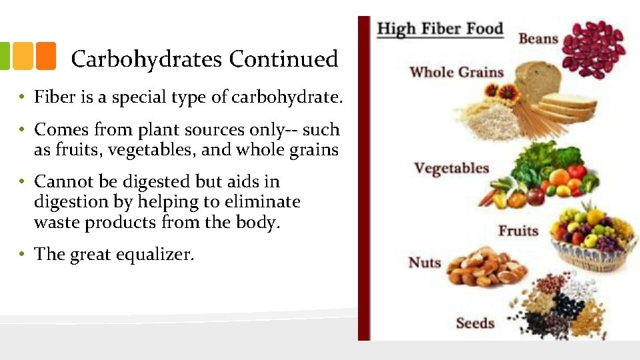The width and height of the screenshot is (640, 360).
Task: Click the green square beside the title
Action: pos(3,57)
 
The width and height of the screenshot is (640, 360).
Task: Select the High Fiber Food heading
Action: pos(440,29)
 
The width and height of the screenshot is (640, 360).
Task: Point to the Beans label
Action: pos(538,38)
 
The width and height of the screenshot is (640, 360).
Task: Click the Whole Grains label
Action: pos(456,71)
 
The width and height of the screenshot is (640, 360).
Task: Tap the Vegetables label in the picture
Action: pos(451,168)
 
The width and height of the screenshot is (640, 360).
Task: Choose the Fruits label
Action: pos(518,231)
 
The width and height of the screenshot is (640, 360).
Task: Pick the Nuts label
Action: pos(425,262)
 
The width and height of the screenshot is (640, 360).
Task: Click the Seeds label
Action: pos(475,323)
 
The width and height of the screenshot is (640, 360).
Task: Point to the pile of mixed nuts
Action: pos(485,268)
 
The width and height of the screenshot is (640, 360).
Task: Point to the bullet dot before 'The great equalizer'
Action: pos(22,254)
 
